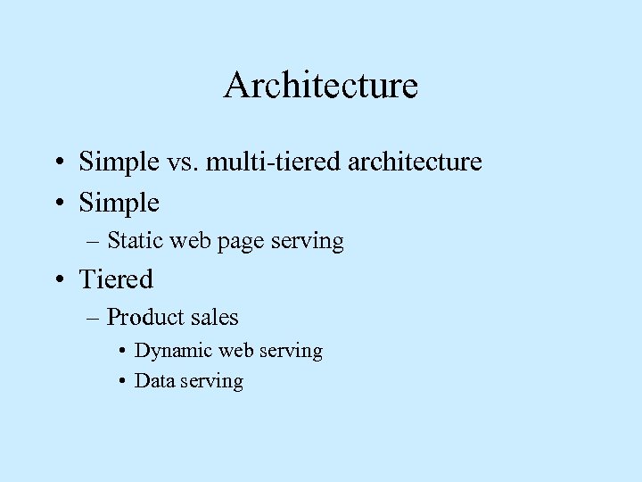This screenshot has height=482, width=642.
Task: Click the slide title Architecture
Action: pos(321,86)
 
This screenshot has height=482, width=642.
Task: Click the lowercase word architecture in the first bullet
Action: pos(420,162)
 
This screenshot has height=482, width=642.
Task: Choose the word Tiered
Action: pos(116,279)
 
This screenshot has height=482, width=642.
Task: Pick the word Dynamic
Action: pos(169,351)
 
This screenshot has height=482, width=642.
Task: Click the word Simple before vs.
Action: pos(119,162)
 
